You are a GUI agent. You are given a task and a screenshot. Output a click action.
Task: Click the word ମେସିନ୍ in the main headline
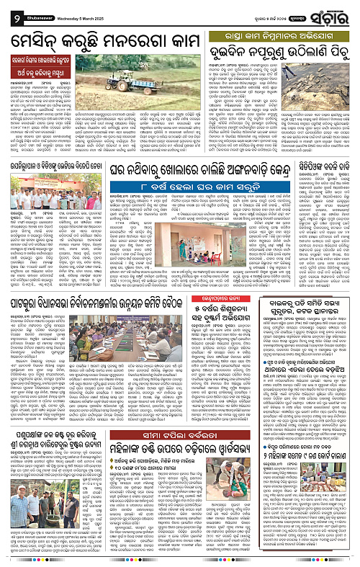(x=37, y=36)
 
